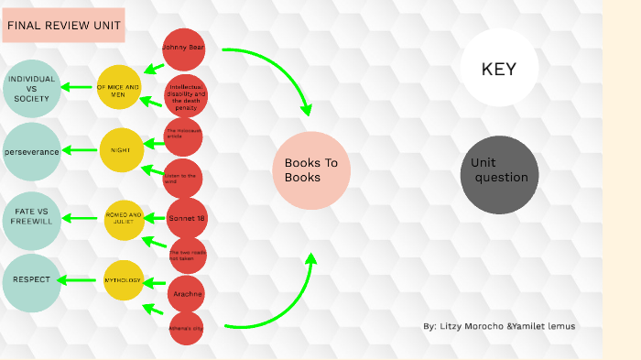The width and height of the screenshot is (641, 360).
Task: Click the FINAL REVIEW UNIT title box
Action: click(62, 27)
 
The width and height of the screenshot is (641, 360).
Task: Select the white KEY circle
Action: click(499, 69)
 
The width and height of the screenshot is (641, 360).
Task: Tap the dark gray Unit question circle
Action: click(499, 175)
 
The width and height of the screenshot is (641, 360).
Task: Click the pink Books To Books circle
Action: click(312, 170)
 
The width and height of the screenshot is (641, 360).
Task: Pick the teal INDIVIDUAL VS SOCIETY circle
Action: click(32, 89)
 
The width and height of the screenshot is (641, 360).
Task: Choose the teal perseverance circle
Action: click(32, 151)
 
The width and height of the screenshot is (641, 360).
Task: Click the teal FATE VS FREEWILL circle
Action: click(32, 220)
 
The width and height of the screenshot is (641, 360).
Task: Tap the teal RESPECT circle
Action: click(32, 281)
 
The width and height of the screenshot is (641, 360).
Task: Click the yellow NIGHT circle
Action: click(122, 149)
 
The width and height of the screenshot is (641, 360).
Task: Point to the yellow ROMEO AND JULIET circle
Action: click(124, 219)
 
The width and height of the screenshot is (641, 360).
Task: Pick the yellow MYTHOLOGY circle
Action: click(124, 280)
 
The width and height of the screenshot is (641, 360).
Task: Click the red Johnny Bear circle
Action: click(184, 48)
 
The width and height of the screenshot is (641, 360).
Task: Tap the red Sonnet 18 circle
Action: click(187, 218)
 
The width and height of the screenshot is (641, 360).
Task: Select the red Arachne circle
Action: click(186, 294)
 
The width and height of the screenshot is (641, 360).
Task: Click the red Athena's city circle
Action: click(186, 328)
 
